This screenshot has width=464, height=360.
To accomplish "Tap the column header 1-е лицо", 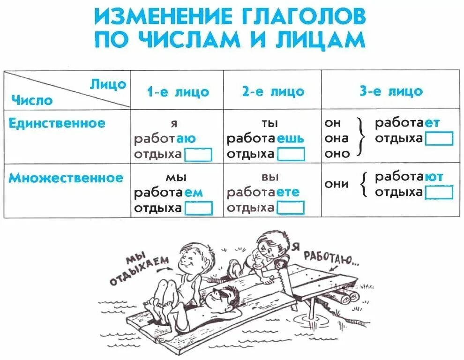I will pos(178,91).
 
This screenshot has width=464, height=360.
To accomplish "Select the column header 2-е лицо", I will pos(273,91).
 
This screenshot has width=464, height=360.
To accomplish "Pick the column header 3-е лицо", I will pos(391,91).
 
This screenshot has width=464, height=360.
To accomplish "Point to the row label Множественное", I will pos(66,178).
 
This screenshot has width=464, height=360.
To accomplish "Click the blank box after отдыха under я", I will pos(198,154).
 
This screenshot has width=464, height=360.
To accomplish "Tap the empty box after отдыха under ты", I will pos(291,154).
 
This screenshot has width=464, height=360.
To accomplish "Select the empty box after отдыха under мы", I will pos(198,208).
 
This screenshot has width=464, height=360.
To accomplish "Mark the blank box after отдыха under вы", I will pos(291,208).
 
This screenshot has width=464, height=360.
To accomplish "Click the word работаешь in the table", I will pos(265,139).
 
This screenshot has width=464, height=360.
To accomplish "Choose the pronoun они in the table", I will pos(337,184).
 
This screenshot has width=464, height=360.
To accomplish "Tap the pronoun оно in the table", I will pos(337,153).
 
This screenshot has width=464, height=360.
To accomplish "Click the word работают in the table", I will pos(409,177).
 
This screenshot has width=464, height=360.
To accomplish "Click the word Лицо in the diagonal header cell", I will pos(108,84).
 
